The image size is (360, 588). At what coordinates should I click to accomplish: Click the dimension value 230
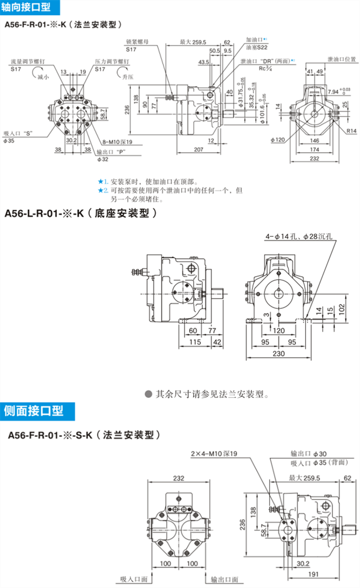click(x=278, y=354)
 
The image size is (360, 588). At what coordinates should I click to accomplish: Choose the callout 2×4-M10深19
click(x=213, y=453)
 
